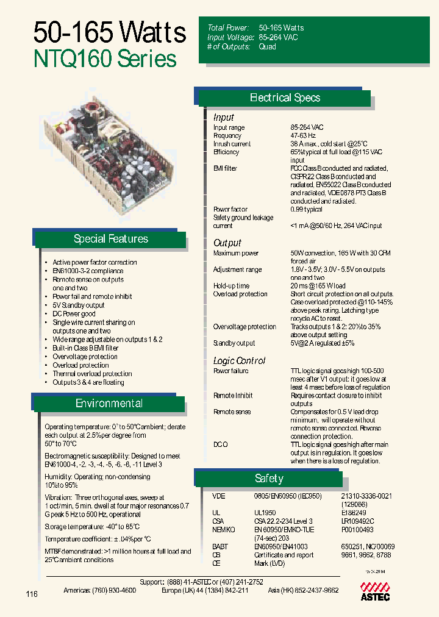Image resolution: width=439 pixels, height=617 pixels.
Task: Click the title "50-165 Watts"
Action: (x=110, y=32)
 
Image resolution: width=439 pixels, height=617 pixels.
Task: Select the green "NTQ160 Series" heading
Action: (x=104, y=59)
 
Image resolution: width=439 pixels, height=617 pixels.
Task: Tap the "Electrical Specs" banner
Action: (x=285, y=98)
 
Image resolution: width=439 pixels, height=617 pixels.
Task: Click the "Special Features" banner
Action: (x=110, y=239)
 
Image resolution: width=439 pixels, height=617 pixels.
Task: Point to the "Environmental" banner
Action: (x=109, y=404)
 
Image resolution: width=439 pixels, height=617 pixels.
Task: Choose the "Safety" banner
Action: (x=269, y=479)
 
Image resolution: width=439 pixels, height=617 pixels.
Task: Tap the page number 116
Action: (x=32, y=594)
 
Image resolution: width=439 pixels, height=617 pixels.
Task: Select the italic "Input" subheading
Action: (x=223, y=117)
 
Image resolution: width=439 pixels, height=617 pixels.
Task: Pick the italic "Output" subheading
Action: (x=227, y=243)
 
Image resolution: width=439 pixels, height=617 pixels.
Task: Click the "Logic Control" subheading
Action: (x=239, y=360)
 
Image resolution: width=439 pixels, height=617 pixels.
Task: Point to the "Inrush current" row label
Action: (x=232, y=144)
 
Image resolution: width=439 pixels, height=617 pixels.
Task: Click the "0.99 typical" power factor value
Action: (x=306, y=210)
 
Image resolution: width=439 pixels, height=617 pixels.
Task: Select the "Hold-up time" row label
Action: (x=231, y=286)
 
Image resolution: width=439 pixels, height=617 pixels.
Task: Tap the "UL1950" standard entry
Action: (x=265, y=513)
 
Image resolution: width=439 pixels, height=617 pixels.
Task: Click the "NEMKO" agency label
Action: (x=223, y=530)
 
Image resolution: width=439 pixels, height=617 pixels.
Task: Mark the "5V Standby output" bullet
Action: (x=79, y=305)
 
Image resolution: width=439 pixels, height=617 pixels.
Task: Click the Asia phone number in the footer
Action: (x=303, y=591)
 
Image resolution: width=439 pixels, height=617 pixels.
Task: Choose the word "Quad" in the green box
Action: (x=267, y=46)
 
